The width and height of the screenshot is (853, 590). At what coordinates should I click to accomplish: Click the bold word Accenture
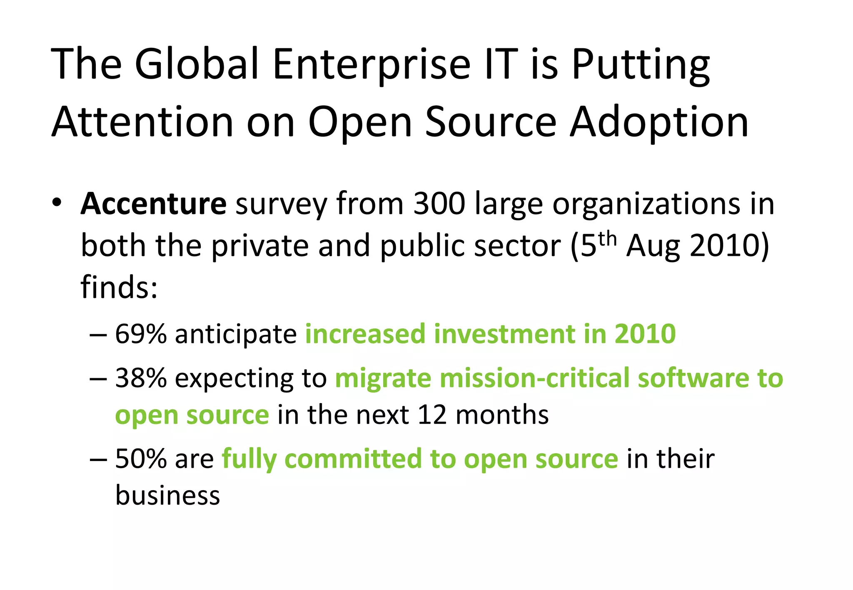[x=153, y=204]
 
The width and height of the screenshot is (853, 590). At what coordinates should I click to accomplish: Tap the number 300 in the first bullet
[x=439, y=204]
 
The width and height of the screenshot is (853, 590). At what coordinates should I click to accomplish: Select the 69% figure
[x=141, y=334]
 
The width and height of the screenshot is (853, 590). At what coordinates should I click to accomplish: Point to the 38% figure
[x=141, y=378]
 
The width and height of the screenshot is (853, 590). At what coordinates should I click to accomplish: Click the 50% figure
[x=141, y=459]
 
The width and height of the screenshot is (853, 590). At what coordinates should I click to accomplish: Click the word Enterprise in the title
[x=372, y=64]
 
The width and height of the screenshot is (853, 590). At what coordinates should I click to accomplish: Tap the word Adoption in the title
[x=659, y=122]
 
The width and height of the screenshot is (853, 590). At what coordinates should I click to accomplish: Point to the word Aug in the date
[x=653, y=246]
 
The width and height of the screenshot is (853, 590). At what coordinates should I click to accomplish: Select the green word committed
[x=353, y=459]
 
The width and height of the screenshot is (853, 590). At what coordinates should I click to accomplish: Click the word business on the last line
[x=167, y=496]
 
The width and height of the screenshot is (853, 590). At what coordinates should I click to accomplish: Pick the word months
[x=502, y=415]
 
